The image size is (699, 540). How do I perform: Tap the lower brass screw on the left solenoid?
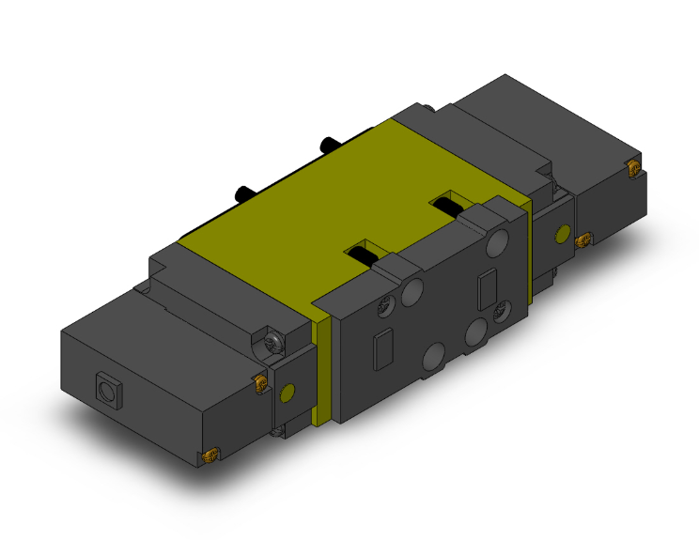[x=209, y=456]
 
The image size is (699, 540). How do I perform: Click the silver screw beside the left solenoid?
[x=274, y=342]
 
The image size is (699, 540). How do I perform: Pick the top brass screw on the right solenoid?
[x=633, y=170]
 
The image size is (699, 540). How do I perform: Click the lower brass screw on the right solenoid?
[x=582, y=239]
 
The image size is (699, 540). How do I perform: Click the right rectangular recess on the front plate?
[x=486, y=288]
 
